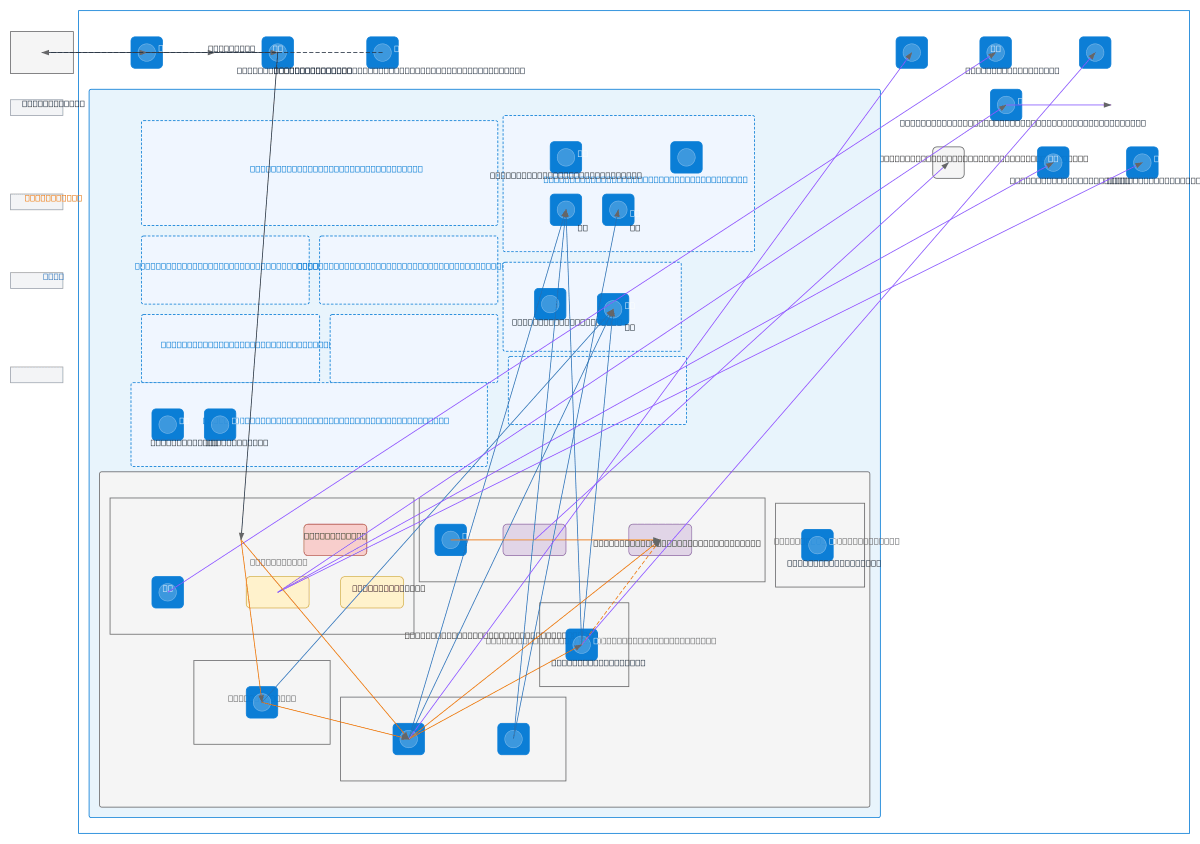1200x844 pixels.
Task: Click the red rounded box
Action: pos(335,540)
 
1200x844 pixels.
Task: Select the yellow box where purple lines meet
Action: pos(277,592)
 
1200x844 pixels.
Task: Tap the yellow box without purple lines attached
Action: pos(371,592)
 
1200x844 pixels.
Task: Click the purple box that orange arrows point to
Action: pos(660,540)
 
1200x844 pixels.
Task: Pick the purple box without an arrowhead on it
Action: pos(534,540)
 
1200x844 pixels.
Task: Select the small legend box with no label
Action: pos(36,375)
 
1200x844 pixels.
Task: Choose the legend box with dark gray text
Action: pos(36,107)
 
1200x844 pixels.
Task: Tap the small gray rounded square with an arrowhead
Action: pos(948,163)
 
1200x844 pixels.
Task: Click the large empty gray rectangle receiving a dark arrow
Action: pos(42,52)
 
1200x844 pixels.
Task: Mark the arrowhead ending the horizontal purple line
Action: pos(1107,105)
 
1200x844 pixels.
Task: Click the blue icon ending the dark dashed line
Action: pos(382,53)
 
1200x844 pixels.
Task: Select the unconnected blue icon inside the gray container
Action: pos(817,545)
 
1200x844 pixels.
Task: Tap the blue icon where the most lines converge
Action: pos(409,739)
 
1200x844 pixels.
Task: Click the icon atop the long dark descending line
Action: pos(278,53)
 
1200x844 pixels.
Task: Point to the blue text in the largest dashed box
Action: pos(336,169)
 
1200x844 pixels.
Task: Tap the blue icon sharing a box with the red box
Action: pos(168,592)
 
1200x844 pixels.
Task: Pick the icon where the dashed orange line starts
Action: pos(582,645)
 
